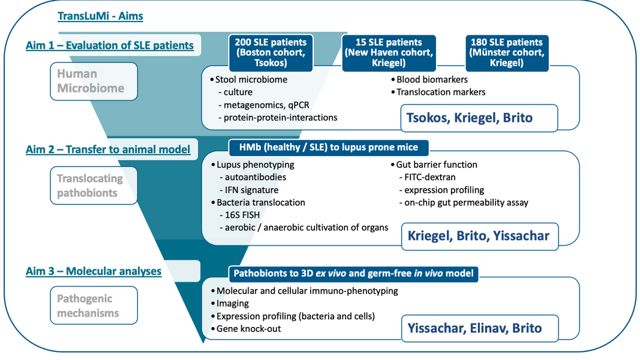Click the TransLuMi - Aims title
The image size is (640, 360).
coord(100,16)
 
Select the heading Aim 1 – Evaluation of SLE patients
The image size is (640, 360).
coord(110,46)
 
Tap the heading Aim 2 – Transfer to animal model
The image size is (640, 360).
coord(108,149)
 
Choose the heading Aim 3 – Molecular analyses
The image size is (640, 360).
coord(94,271)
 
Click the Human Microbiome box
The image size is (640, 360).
coord(94,81)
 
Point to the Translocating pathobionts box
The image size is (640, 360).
coord(94,185)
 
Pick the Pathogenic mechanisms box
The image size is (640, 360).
coord(94,305)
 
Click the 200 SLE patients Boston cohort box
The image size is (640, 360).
coord(271,53)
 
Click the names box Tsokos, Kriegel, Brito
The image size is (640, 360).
coord(470,118)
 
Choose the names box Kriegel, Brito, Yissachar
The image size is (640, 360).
coord(478,236)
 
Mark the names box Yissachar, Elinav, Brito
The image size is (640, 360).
coord(474,328)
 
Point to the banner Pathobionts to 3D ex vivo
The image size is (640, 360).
coord(353,274)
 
